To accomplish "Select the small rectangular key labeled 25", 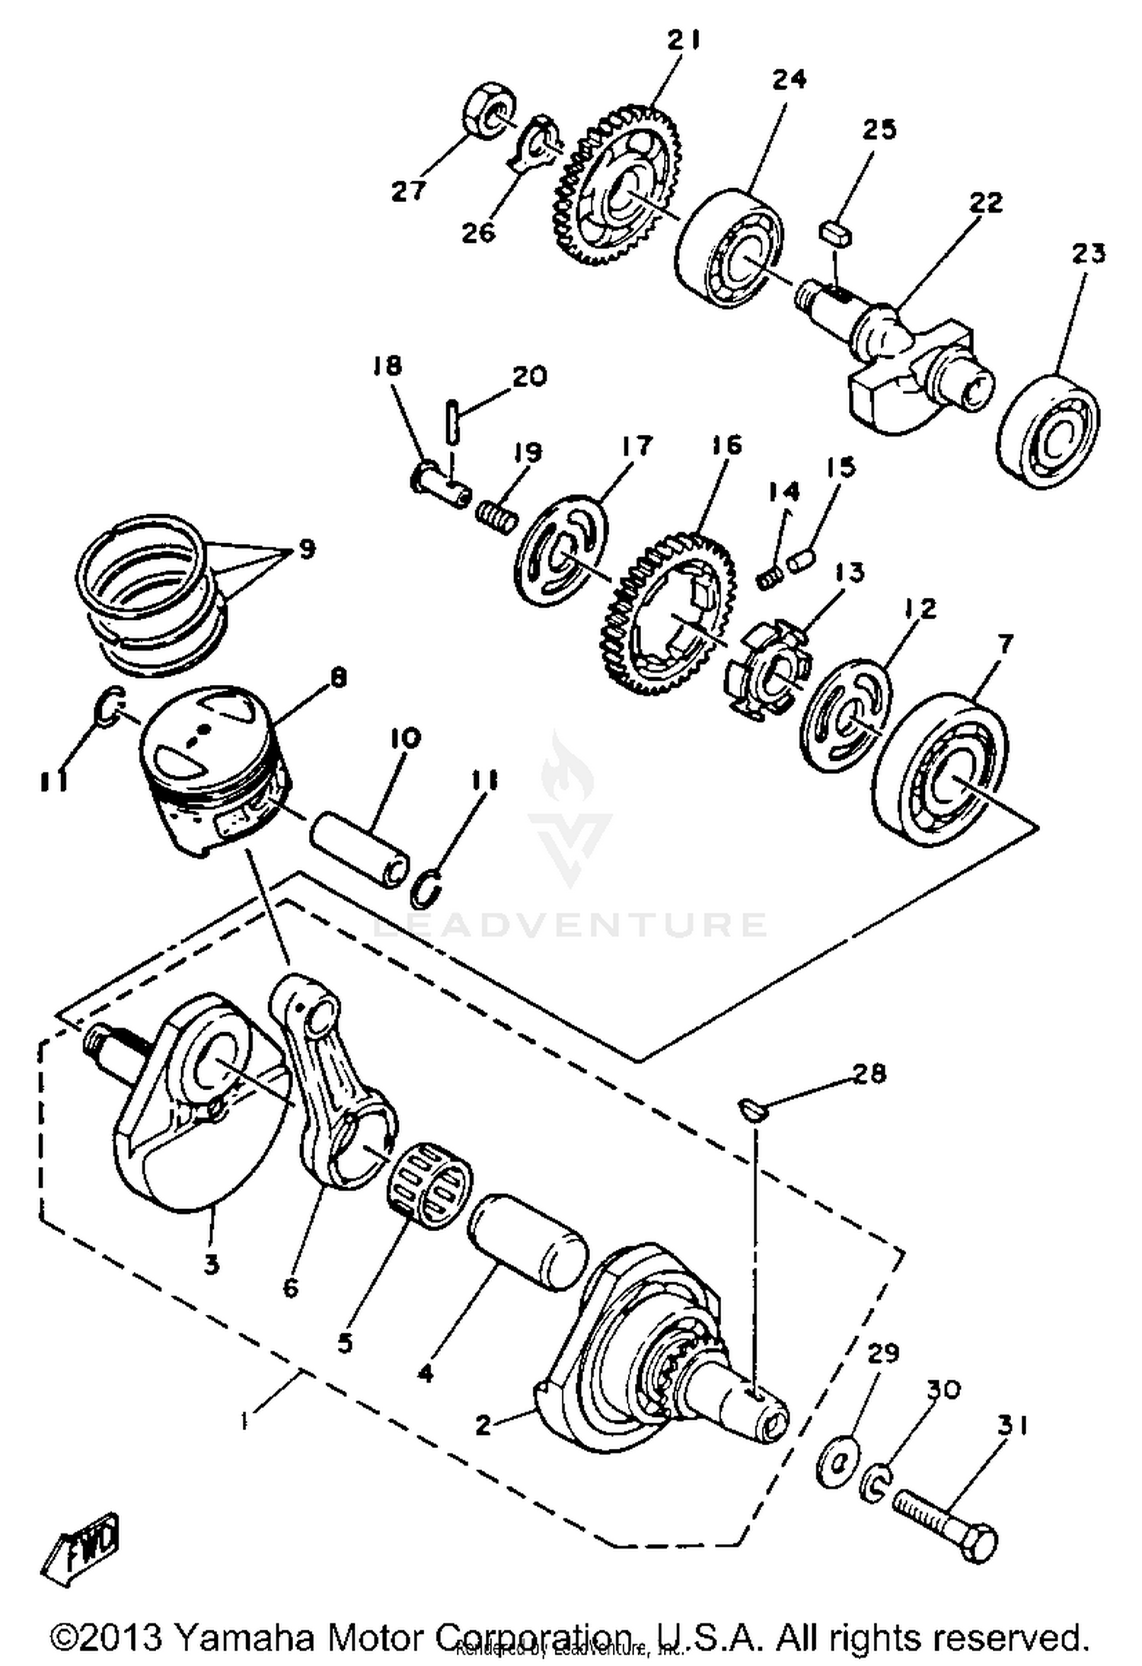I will pos(836,232).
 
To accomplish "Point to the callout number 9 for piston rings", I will pos(306,548).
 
